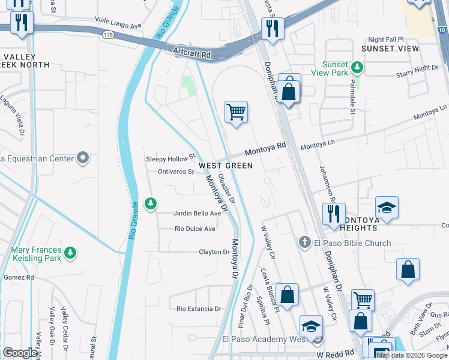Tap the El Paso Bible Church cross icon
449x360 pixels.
[x=305, y=242]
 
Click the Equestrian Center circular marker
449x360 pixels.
[x=83, y=158]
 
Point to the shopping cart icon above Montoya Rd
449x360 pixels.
[x=237, y=112]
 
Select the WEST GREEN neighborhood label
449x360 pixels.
[x=225, y=165]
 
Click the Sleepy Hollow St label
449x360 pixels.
[x=171, y=158]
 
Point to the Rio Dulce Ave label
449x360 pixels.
[x=195, y=229]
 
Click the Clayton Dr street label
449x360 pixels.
[x=214, y=252]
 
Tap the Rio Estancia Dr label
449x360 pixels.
[x=199, y=308]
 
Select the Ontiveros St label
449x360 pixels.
[x=175, y=172]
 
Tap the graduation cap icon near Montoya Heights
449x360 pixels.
[x=387, y=208]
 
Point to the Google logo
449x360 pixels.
[x=20, y=353]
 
